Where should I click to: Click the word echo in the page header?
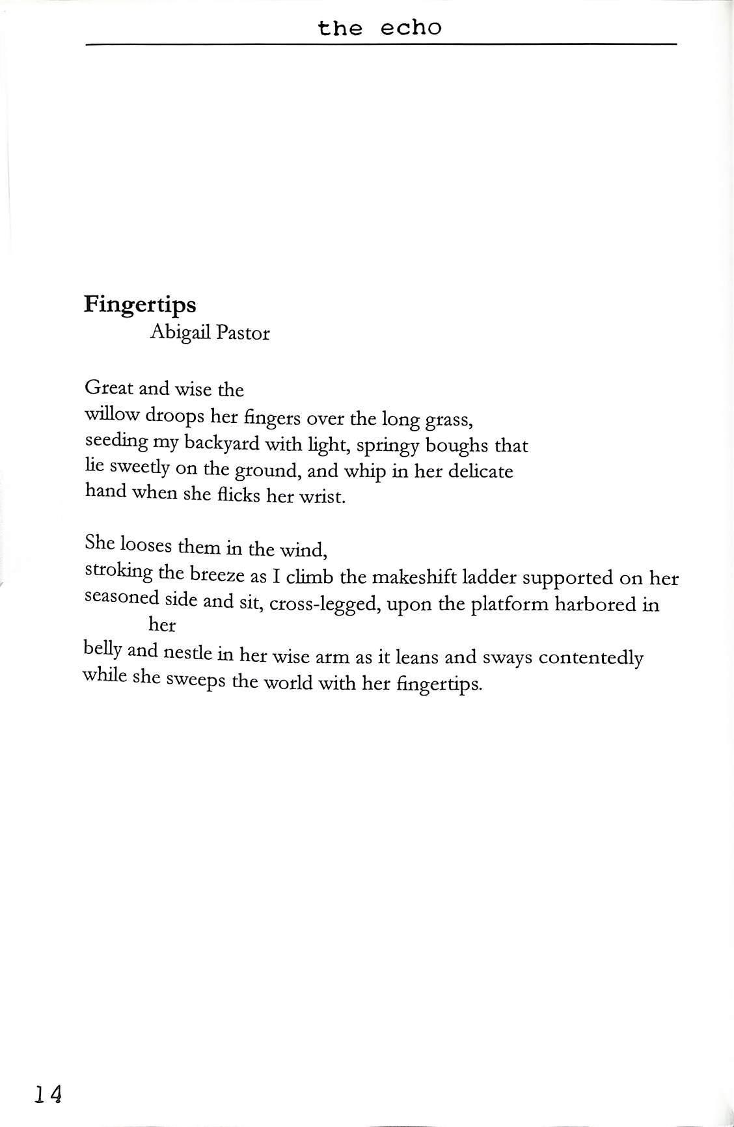411,27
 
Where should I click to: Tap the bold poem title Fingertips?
140,305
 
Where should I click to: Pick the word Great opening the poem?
109,388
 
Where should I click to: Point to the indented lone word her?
162,626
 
